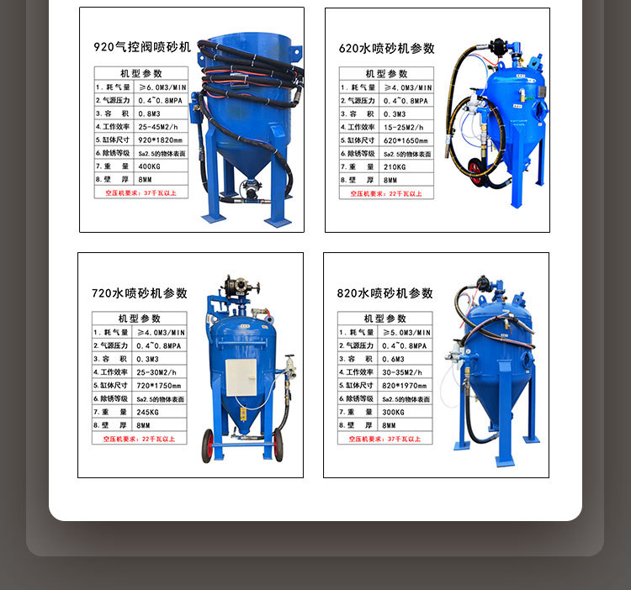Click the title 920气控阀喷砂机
pos(141,47)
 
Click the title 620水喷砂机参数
pos(386,48)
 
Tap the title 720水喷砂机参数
pos(140,293)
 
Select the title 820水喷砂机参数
pos(384,293)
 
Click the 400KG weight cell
pos(158,166)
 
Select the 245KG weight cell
pos(156,412)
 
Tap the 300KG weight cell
pos(402,412)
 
